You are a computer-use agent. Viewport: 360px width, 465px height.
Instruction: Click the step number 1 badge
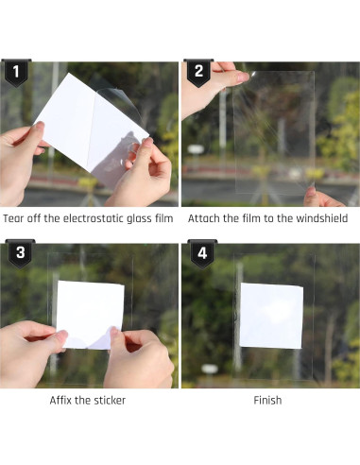(16, 73)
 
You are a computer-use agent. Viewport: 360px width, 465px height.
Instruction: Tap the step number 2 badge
(198, 73)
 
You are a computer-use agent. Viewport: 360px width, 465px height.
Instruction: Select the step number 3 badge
(21, 254)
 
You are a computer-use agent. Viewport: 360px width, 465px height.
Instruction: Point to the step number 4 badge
(202, 254)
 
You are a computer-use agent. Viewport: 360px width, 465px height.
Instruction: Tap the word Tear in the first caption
(13, 218)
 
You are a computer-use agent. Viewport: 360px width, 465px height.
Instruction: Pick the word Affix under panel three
(60, 401)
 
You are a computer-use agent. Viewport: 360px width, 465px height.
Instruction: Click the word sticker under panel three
(110, 401)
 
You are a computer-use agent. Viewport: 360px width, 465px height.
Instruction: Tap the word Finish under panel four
(267, 401)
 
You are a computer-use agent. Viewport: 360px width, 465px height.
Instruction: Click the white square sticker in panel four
(271, 316)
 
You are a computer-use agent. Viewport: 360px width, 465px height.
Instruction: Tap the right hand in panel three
(139, 359)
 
